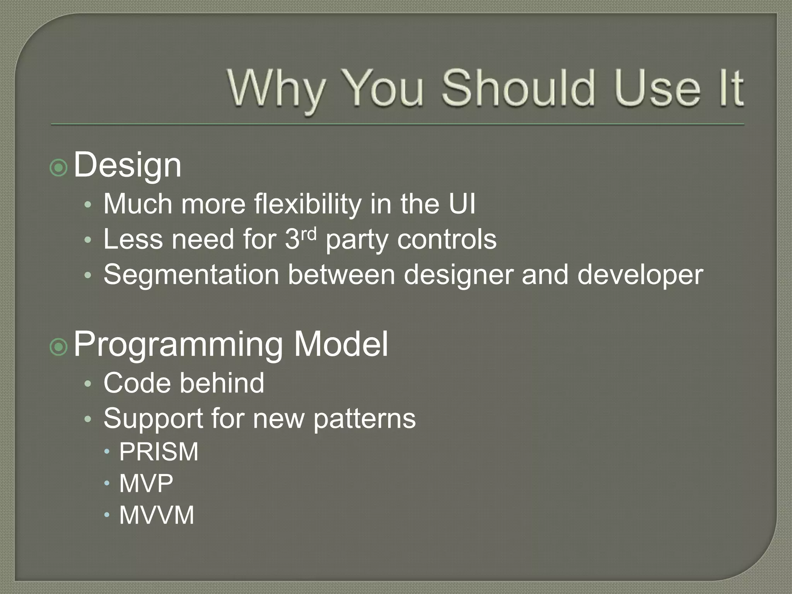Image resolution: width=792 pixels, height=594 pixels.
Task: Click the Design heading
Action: (x=127, y=165)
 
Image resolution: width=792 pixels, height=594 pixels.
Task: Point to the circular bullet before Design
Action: (x=59, y=167)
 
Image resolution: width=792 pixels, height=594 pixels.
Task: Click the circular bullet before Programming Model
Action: (x=59, y=347)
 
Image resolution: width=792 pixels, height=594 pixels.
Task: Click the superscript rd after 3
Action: (x=309, y=234)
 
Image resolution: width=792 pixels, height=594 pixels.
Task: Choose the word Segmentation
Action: (x=191, y=275)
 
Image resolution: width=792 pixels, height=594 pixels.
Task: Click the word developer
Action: (x=640, y=276)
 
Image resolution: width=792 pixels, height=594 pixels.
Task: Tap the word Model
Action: (x=341, y=344)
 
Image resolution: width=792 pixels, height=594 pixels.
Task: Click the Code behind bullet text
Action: (x=184, y=383)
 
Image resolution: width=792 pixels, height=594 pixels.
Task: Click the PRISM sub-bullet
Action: (x=159, y=452)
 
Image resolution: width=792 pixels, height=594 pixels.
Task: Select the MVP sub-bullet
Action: (x=146, y=483)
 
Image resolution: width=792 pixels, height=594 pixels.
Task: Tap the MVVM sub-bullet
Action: (x=156, y=515)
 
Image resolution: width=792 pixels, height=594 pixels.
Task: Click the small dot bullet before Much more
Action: (x=88, y=205)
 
